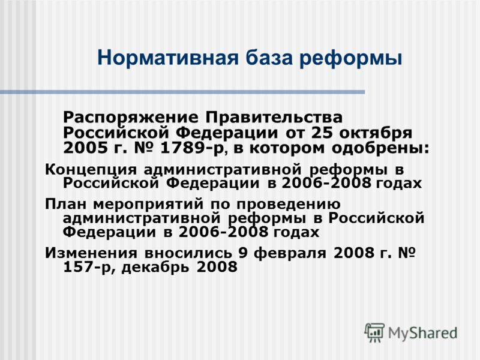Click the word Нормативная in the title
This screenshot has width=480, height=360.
point(168,58)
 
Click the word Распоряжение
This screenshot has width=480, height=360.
point(131,118)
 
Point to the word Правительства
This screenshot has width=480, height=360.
point(274,118)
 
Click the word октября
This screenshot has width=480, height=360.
point(376,133)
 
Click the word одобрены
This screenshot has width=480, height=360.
point(380,149)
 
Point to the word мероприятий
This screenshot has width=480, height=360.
point(148,205)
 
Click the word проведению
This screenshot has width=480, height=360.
point(289,205)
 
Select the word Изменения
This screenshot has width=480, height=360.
point(91,253)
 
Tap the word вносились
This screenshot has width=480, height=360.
point(188,253)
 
